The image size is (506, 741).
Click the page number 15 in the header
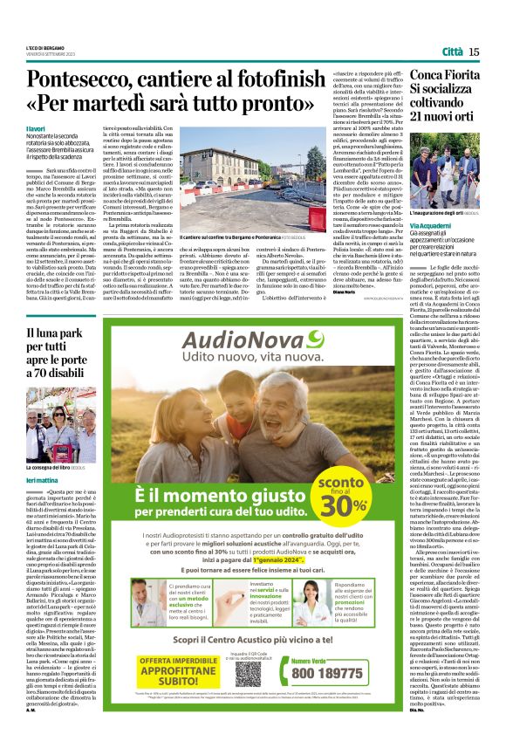(x=474, y=52)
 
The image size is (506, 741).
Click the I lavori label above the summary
(x=37, y=128)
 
